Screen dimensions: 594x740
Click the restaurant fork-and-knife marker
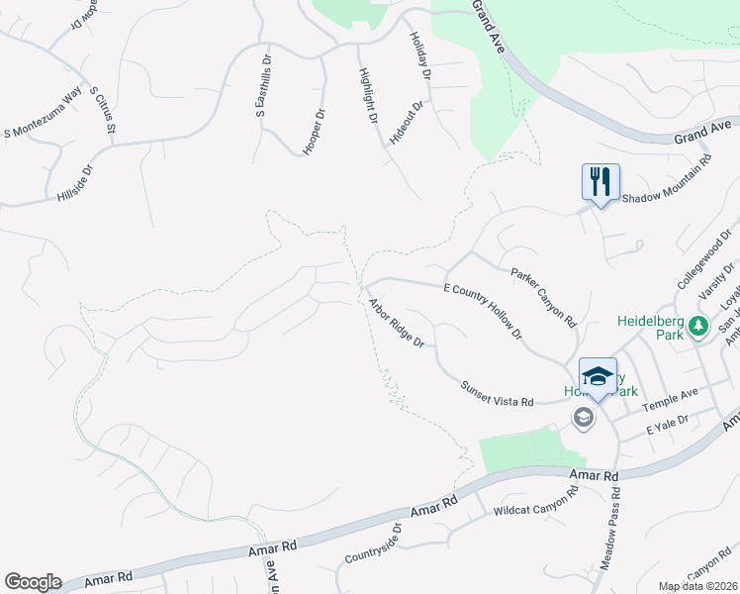[600, 183]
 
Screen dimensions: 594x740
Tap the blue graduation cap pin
[598, 377]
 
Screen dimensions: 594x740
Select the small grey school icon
[584, 419]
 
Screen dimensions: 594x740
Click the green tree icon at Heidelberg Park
[698, 326]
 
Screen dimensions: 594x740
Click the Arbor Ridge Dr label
[396, 323]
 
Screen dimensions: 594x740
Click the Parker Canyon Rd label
[543, 296]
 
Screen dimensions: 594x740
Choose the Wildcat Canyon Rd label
[535, 505]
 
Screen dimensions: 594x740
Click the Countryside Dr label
[372, 544]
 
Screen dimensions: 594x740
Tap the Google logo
[33, 582]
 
